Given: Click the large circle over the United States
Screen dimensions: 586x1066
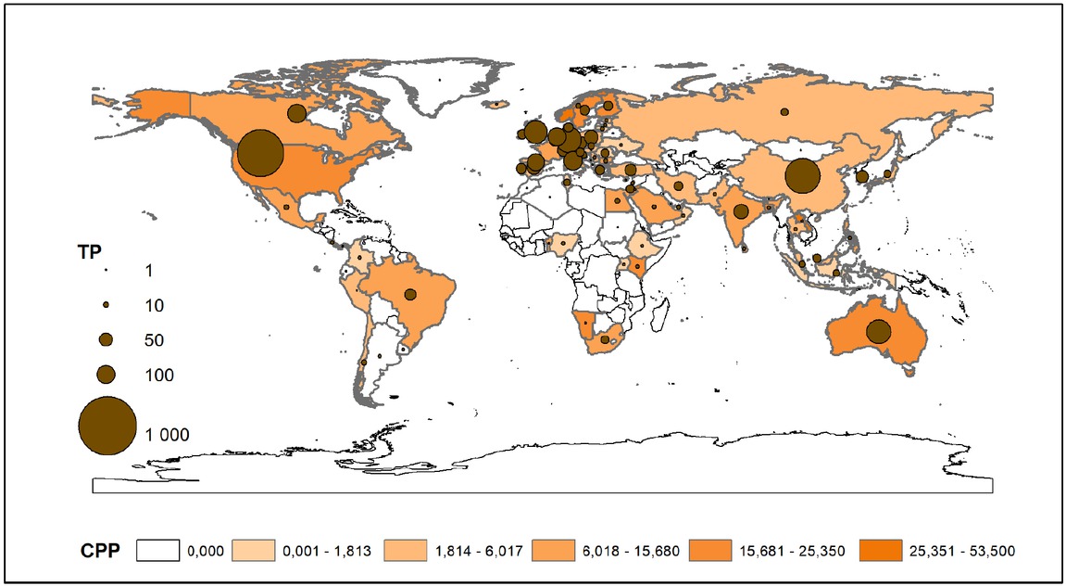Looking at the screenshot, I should click(x=260, y=153).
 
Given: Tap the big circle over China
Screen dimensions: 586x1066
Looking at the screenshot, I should click(x=802, y=175).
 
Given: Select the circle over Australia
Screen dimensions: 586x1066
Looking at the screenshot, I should click(x=878, y=331).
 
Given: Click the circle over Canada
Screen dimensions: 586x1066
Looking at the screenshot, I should click(x=296, y=113).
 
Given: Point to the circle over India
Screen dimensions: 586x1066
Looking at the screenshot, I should click(x=741, y=211).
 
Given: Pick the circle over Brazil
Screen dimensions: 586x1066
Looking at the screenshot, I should click(x=410, y=295).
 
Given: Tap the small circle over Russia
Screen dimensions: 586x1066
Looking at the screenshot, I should click(x=784, y=111).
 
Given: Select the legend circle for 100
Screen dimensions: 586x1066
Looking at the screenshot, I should click(x=107, y=375).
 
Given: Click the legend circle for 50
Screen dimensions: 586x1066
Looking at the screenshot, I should click(x=107, y=339).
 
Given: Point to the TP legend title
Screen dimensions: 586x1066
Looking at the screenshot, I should click(x=89, y=249).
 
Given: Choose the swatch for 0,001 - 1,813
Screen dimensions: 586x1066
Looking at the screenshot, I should click(x=254, y=550).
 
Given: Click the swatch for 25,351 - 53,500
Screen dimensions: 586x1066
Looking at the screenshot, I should click(x=882, y=550).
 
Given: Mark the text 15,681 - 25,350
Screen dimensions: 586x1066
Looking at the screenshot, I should click(x=801, y=551).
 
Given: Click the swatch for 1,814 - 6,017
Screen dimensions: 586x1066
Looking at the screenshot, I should click(x=407, y=550).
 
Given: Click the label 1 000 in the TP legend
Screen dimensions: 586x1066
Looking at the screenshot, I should click(x=168, y=434).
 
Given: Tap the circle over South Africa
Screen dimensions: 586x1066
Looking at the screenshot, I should click(x=605, y=339).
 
